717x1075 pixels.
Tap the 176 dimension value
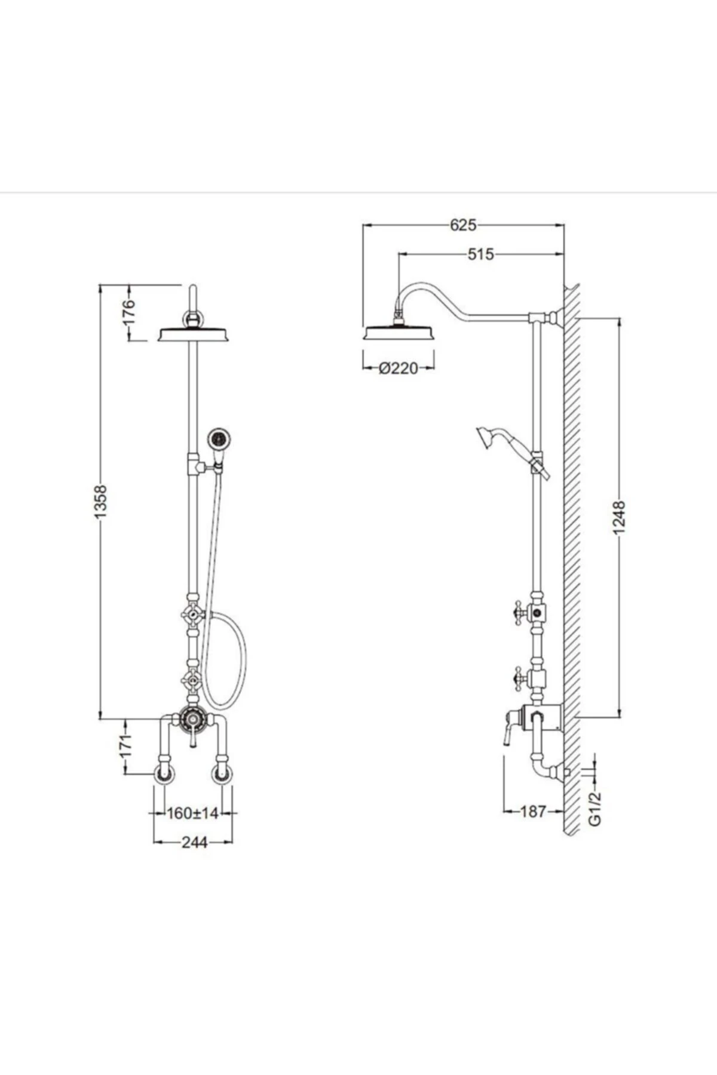(x=128, y=312)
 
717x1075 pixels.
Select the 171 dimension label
(x=125, y=747)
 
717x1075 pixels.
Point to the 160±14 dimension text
(x=193, y=813)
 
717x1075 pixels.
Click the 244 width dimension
(x=194, y=842)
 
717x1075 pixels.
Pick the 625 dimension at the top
(x=463, y=225)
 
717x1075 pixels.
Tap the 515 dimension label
(x=481, y=254)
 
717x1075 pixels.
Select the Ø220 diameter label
(x=399, y=368)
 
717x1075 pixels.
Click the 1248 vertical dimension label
(x=619, y=518)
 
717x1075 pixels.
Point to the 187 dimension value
(x=533, y=812)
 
